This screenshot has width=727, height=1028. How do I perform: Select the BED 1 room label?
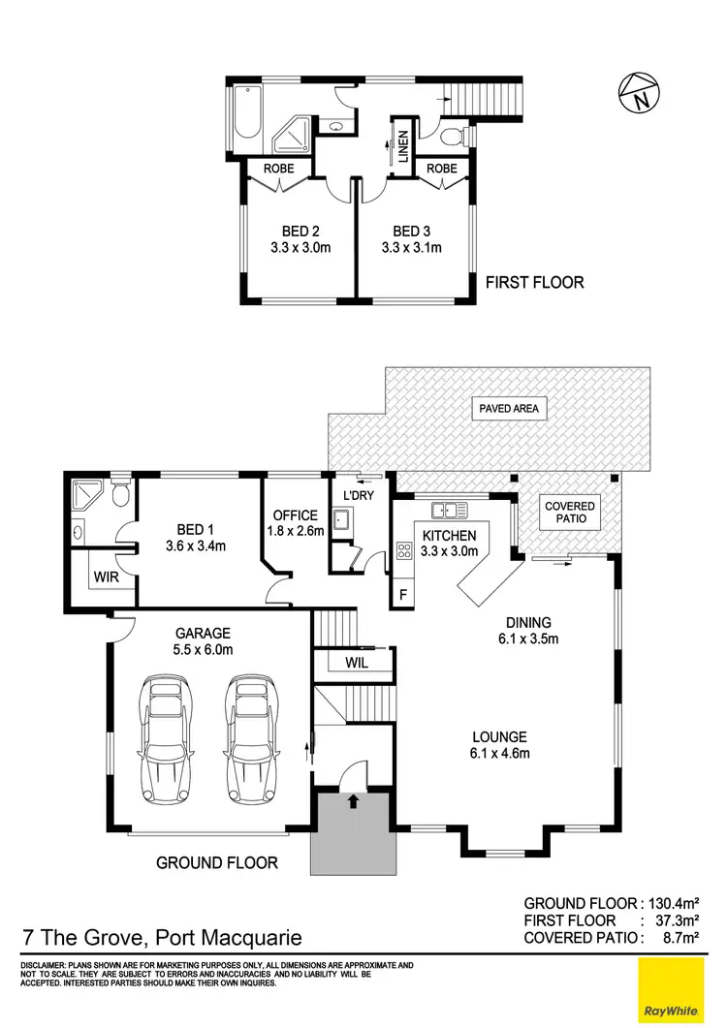tap(192, 529)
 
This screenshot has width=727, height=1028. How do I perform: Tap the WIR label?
tap(106, 577)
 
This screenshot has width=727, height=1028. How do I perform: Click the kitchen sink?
tap(450, 510)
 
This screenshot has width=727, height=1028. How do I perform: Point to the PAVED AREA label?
tap(507, 409)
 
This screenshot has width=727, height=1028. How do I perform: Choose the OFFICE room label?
tap(296, 514)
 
